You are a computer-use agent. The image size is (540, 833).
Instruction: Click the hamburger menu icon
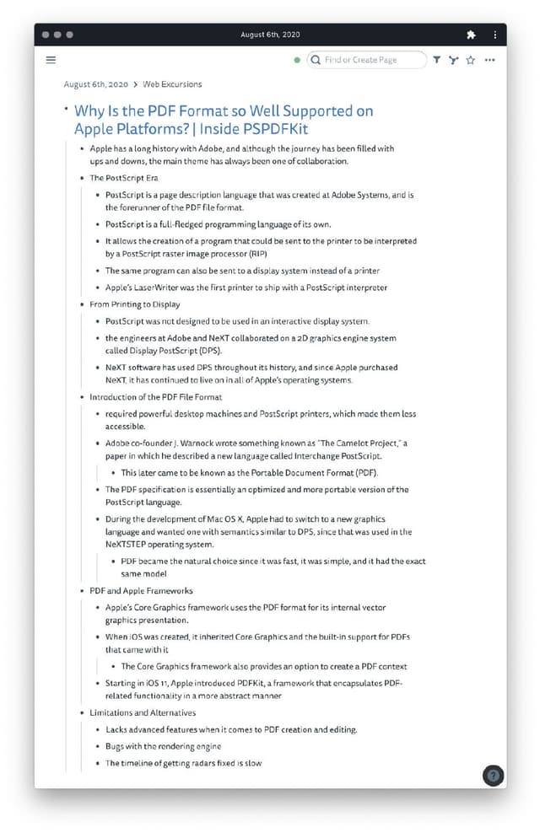pyautogui.click(x=51, y=60)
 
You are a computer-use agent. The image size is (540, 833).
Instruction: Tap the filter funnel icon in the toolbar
pyautogui.click(x=436, y=60)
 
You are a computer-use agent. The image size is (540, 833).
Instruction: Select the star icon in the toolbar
pyautogui.click(x=471, y=60)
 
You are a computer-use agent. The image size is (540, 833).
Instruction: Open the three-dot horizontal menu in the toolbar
pyautogui.click(x=490, y=60)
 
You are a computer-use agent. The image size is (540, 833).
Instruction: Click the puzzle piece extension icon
pyautogui.click(x=471, y=35)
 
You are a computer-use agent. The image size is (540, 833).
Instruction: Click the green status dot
pyautogui.click(x=297, y=61)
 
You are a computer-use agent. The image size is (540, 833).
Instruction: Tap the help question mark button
pyautogui.click(x=494, y=776)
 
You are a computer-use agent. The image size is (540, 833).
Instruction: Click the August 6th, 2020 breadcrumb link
pyautogui.click(x=95, y=84)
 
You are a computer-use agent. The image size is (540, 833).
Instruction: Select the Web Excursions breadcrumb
pyautogui.click(x=172, y=84)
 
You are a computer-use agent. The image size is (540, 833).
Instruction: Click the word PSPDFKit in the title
pyautogui.click(x=275, y=129)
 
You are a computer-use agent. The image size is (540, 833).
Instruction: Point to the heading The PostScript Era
pyautogui.click(x=124, y=178)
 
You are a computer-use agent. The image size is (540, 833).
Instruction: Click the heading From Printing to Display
pyautogui.click(x=135, y=304)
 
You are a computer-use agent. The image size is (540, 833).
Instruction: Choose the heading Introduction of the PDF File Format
pyautogui.click(x=156, y=397)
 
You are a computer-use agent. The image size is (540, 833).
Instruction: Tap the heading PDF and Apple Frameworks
pyautogui.click(x=141, y=591)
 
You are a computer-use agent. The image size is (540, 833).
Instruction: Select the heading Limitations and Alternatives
pyautogui.click(x=143, y=713)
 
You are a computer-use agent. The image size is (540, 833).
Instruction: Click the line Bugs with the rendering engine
pyautogui.click(x=164, y=746)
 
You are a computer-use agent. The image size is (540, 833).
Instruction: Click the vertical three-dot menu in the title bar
pyautogui.click(x=495, y=35)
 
